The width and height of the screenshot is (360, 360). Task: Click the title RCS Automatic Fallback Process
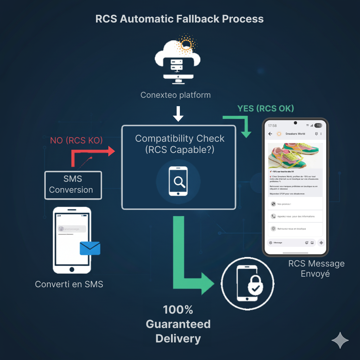coord(179,19)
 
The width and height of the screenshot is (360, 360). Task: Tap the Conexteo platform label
coord(176,95)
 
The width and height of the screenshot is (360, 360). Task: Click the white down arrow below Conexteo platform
coord(178,114)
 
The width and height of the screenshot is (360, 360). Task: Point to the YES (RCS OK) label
coord(266,108)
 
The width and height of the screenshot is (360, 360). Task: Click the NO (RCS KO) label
coord(76,141)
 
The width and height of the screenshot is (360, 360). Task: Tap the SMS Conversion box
coord(73,185)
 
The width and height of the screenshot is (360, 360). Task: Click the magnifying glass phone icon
coord(178,181)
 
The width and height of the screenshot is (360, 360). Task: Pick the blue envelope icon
coord(90,248)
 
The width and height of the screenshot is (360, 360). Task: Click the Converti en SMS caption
coord(69,284)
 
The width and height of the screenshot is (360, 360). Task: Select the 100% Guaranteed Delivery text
coord(178,324)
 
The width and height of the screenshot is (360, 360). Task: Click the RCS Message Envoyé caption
coord(316,268)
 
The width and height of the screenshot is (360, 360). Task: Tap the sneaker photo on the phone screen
coord(295,156)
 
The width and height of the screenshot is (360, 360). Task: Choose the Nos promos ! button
coord(295,204)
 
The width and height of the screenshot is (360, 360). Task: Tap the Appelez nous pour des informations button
coord(295,217)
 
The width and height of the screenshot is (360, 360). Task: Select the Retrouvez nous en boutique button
coord(295,229)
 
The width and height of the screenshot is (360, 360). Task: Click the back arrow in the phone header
coord(270,134)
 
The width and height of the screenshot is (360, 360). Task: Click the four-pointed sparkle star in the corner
coord(340,340)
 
